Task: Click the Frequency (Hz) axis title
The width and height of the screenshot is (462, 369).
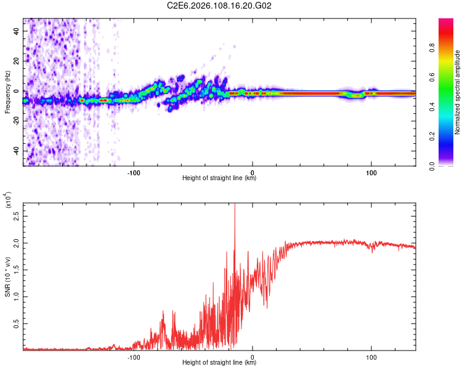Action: tap(7, 92)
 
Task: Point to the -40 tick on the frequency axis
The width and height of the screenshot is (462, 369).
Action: tap(15, 151)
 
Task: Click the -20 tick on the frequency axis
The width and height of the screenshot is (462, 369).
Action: tap(15, 121)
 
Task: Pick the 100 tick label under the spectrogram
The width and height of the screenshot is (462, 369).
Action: tap(371, 173)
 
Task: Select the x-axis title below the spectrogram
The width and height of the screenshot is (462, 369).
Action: tap(219, 179)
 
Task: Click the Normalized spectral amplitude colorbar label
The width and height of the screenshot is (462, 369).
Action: tap(458, 92)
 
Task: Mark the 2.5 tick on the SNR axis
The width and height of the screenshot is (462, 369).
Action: tap(17, 216)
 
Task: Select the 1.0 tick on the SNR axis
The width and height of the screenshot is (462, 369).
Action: tap(17, 296)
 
